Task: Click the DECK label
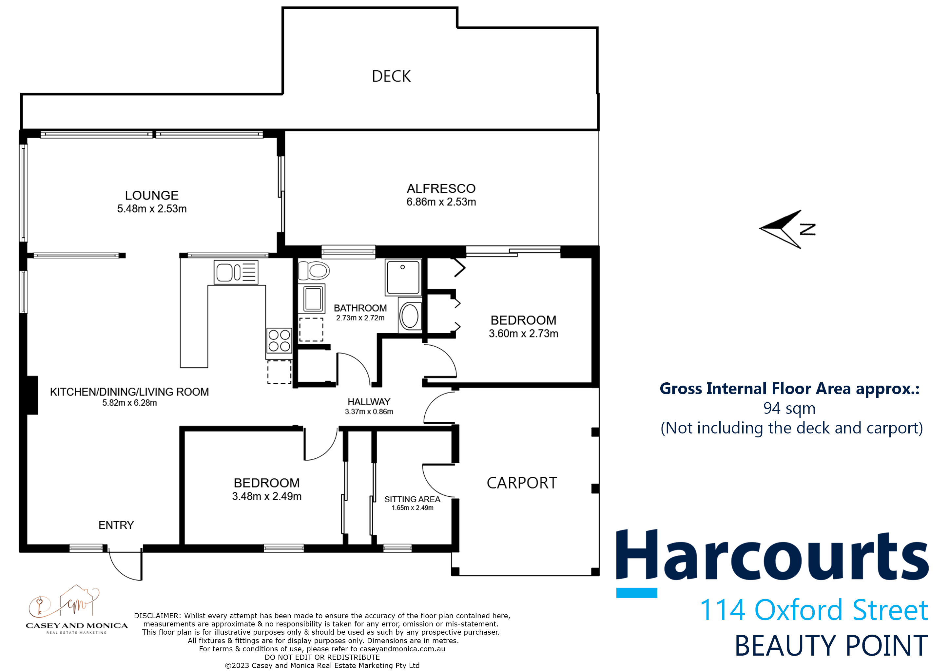pos(391,76)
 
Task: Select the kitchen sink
pos(236,272)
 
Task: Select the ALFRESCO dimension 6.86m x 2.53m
pos(441,202)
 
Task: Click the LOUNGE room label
pos(152,195)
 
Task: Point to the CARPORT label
pos(522,483)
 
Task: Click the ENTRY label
pos(116,525)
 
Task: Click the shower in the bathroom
pos(403,277)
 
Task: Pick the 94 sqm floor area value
pos(789,408)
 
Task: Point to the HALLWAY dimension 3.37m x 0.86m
pos(369,412)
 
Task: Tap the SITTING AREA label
pos(412,499)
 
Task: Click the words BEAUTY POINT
pos(831,646)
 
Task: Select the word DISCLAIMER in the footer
pos(157,616)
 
